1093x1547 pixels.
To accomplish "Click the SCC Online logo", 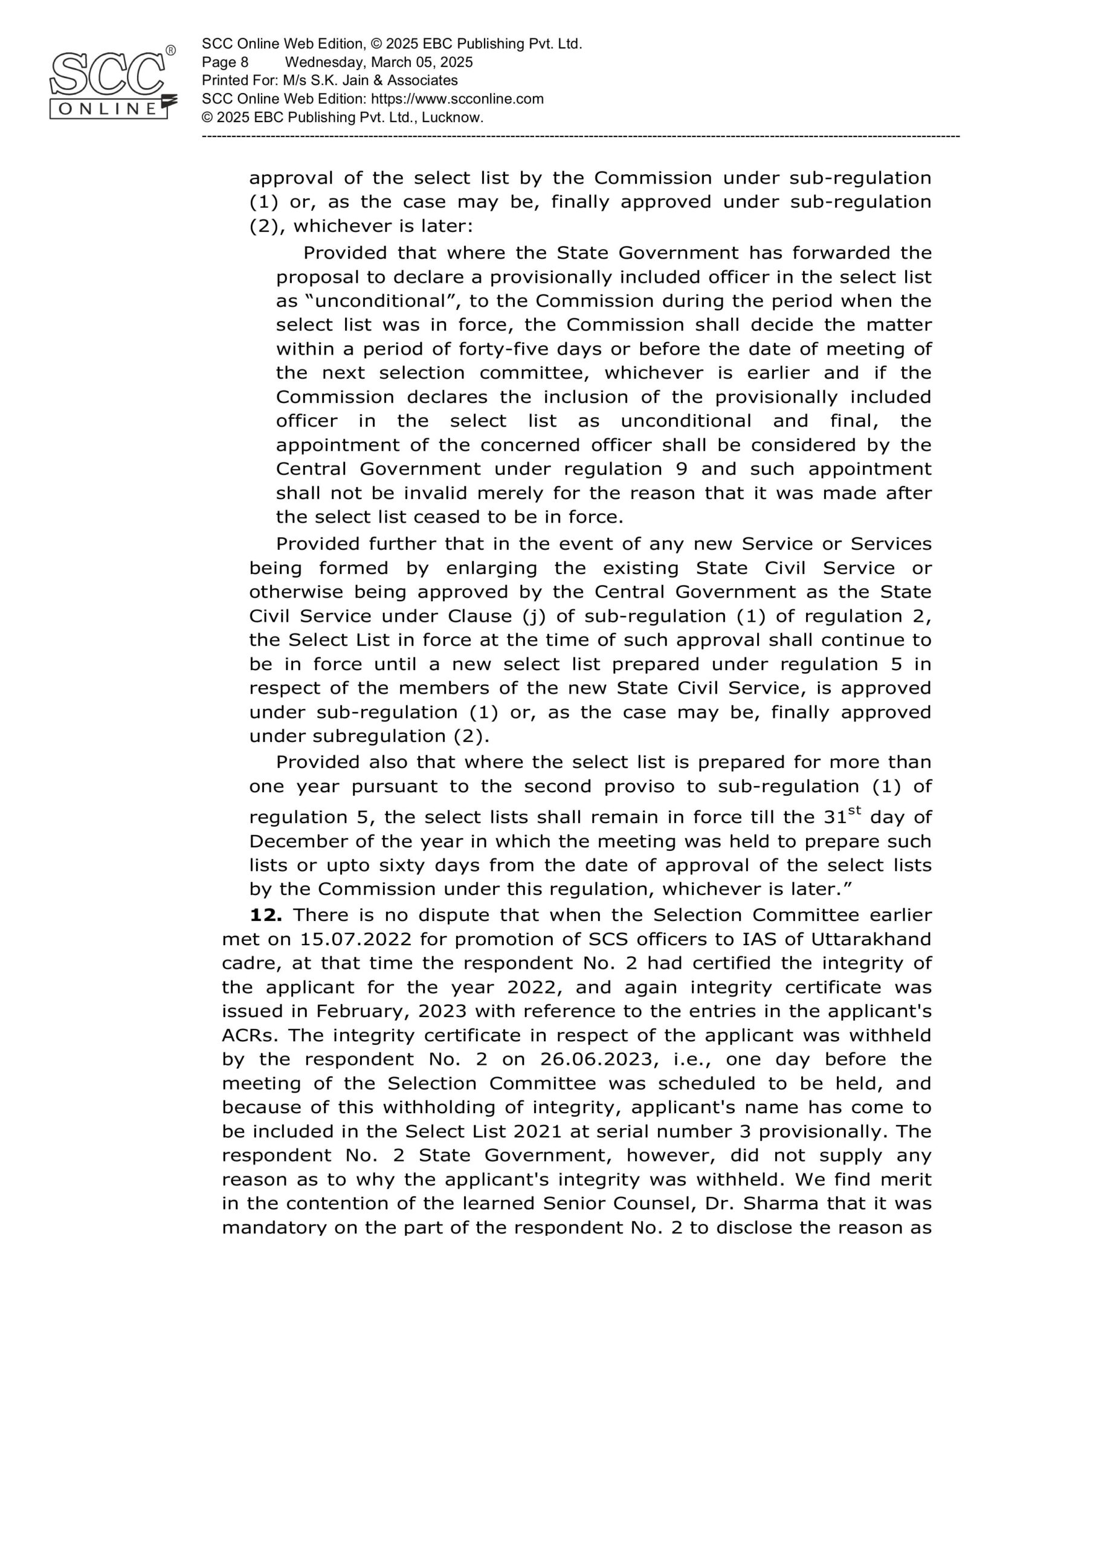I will coord(111,84).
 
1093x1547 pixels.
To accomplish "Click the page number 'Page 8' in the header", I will coord(225,63).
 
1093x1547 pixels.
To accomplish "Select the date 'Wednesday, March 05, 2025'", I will coord(379,63).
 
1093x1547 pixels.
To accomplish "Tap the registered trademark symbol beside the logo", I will coord(170,51).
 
